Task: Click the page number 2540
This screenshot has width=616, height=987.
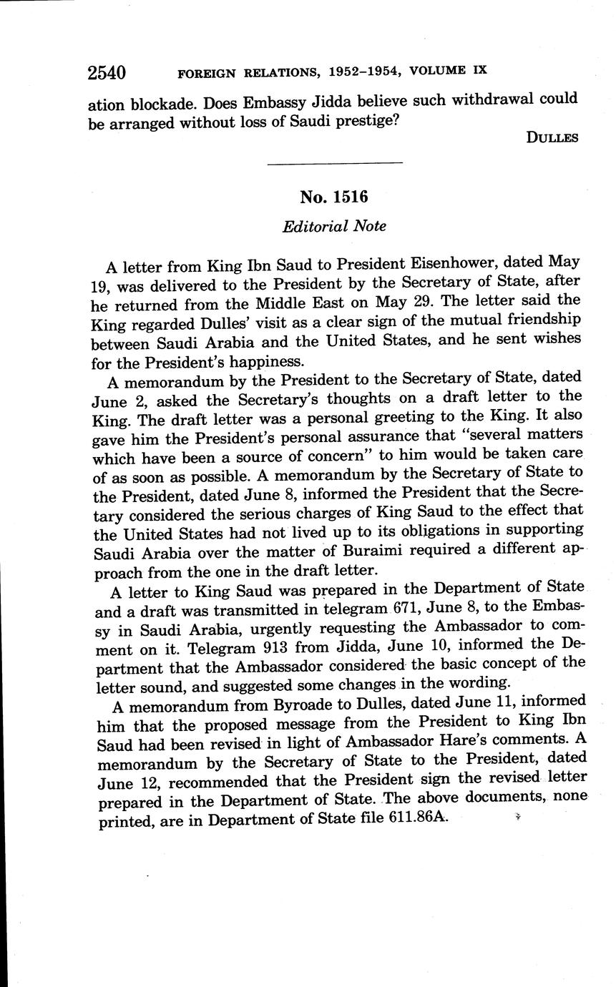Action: coord(107,72)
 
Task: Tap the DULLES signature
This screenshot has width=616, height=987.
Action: coord(552,138)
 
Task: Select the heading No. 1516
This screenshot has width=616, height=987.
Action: coord(334,197)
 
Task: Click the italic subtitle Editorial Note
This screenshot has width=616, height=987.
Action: coord(334,227)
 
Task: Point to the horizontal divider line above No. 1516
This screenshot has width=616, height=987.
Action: coord(334,164)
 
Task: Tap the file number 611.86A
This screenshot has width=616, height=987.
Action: coord(418,817)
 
